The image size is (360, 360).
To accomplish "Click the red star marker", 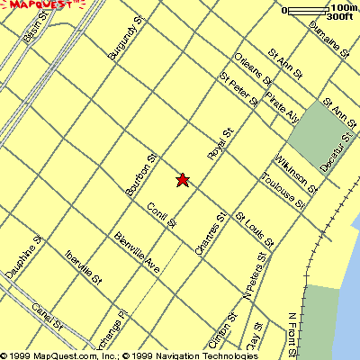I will pos(183,180).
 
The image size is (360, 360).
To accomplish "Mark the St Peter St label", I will pos(238,90).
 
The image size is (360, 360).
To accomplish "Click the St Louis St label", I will pos(254,229).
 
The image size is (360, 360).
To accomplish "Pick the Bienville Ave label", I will pos(137,253).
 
